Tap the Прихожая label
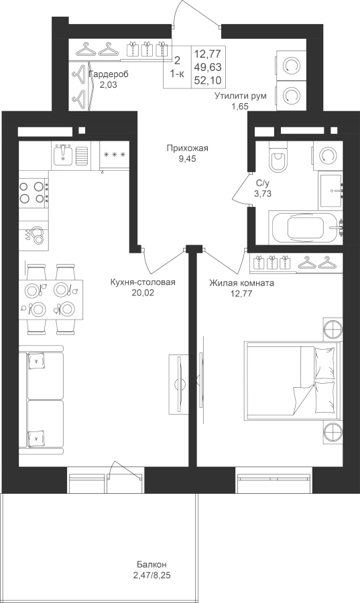click(x=187, y=148)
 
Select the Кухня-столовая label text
click(x=142, y=283)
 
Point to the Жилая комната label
click(x=241, y=283)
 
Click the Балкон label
click(x=152, y=565)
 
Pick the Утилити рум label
click(x=241, y=96)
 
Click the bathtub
click(x=306, y=228)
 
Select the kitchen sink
click(x=63, y=155)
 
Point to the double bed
click(x=293, y=380)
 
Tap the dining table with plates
click(x=51, y=299)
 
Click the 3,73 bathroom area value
click(x=263, y=194)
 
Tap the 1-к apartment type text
click(x=177, y=74)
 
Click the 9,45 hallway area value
click(x=187, y=159)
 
